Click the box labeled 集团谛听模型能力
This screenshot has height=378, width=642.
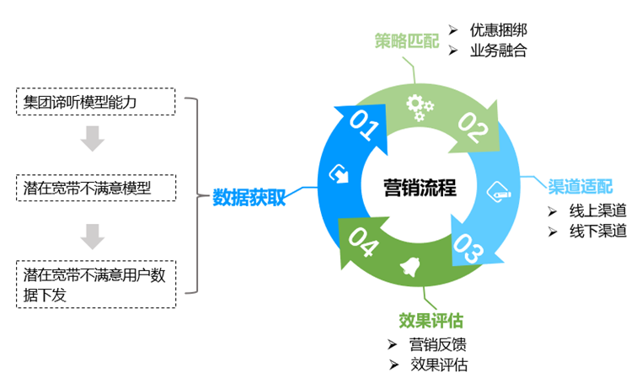coord(95,102)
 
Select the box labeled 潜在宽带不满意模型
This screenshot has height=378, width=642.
coord(95,188)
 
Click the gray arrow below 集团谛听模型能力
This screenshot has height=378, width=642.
coord(93,139)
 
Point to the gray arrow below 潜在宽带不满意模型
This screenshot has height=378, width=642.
coord(93,236)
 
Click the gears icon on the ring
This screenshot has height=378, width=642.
coord(417,104)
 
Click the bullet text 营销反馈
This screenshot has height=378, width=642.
coord(438,343)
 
